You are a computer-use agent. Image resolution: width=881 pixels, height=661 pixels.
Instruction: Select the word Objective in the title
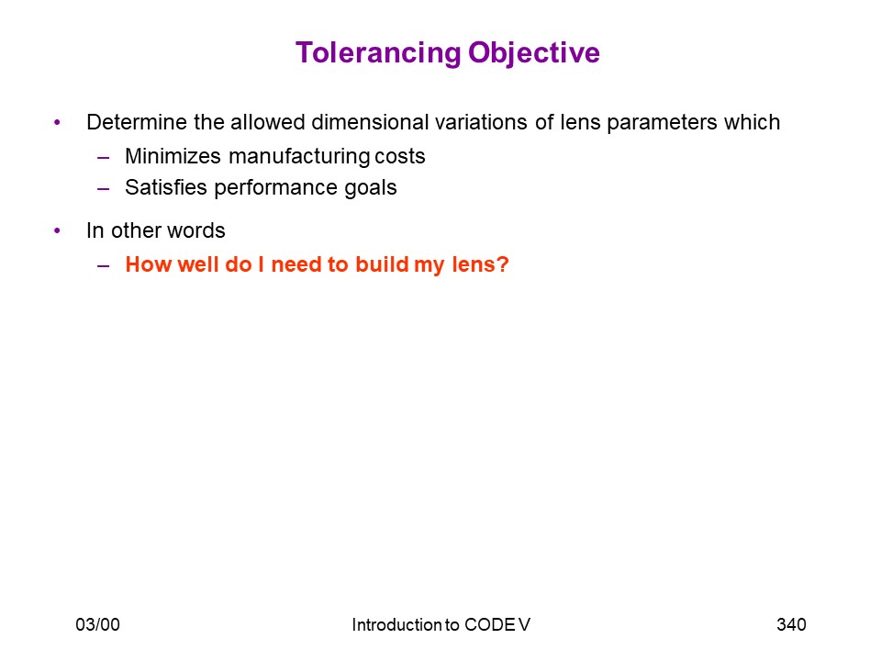[x=534, y=54]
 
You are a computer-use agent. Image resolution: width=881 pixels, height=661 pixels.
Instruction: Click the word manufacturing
[x=299, y=157]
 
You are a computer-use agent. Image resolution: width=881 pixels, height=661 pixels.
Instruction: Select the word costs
[x=400, y=157]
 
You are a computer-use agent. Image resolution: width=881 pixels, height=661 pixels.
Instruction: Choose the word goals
[x=370, y=188]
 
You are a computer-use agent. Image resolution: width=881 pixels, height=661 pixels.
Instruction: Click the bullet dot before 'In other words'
[x=57, y=230]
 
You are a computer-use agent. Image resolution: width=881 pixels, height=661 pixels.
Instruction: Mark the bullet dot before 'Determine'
[x=57, y=122]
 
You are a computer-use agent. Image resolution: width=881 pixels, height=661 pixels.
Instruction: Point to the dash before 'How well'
[x=103, y=265]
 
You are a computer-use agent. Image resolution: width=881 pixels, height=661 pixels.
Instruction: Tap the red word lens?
[x=480, y=264]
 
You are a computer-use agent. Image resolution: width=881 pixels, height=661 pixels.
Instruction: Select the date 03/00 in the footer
[x=98, y=624]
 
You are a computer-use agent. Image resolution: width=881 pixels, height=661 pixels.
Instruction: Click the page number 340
[x=791, y=624]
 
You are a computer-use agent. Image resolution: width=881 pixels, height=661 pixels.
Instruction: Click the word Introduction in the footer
[x=397, y=624]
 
